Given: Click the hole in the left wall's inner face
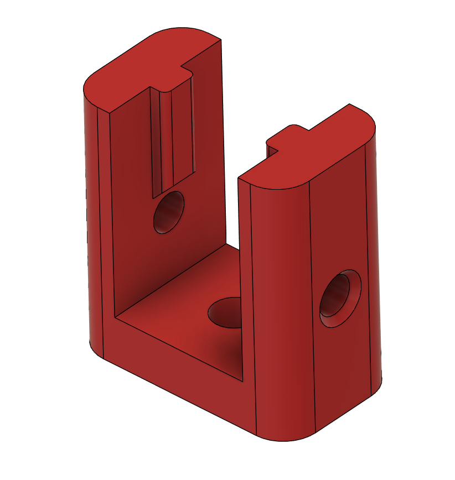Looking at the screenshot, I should (x=169, y=212).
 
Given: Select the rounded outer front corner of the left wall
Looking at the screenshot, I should (x=91, y=221).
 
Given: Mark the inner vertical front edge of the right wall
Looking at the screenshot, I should (x=239, y=276).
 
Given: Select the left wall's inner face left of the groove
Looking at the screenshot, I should (x=130, y=210).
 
